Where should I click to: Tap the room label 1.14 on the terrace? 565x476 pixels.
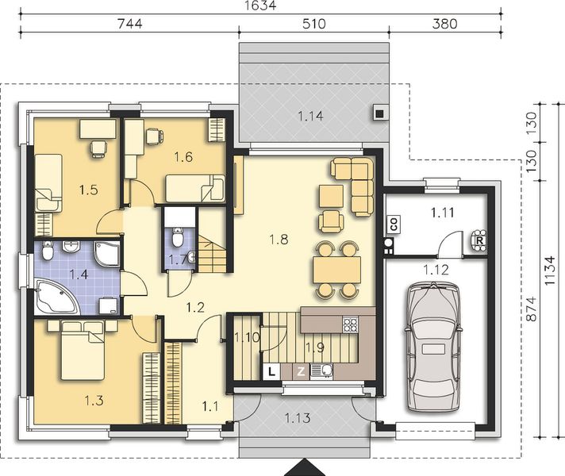tap(311, 117)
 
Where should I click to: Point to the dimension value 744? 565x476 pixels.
tap(129, 24)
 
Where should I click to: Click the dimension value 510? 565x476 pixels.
tap(313, 24)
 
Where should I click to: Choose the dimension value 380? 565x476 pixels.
tap(444, 24)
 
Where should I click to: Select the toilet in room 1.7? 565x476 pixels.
tap(178, 236)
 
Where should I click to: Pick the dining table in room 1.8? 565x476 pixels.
tap(336, 271)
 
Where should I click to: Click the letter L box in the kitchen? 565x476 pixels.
tap(271, 370)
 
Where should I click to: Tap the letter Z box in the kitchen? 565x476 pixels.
tap(301, 370)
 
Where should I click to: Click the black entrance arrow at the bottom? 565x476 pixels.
tap(305, 467)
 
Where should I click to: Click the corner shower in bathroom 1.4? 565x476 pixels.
tap(106, 253)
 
